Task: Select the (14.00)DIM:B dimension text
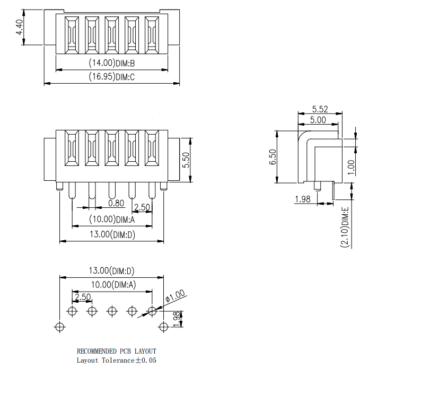point(112,63)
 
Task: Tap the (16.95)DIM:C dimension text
point(112,77)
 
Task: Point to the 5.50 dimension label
point(186,160)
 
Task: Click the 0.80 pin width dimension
point(116,203)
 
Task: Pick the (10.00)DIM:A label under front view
point(112,219)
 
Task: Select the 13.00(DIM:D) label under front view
point(112,234)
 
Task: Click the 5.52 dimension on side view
point(320,109)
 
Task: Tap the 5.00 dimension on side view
point(318,120)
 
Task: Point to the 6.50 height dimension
point(273,157)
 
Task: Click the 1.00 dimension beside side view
point(351,167)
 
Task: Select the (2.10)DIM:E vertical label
point(345,227)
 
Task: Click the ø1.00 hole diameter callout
point(175,296)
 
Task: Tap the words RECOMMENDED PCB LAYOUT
point(117,351)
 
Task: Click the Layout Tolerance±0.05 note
point(117,361)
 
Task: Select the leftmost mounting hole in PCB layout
point(59,327)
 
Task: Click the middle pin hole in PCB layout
point(112,311)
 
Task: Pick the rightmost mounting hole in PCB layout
point(163,327)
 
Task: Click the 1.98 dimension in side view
point(302,199)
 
